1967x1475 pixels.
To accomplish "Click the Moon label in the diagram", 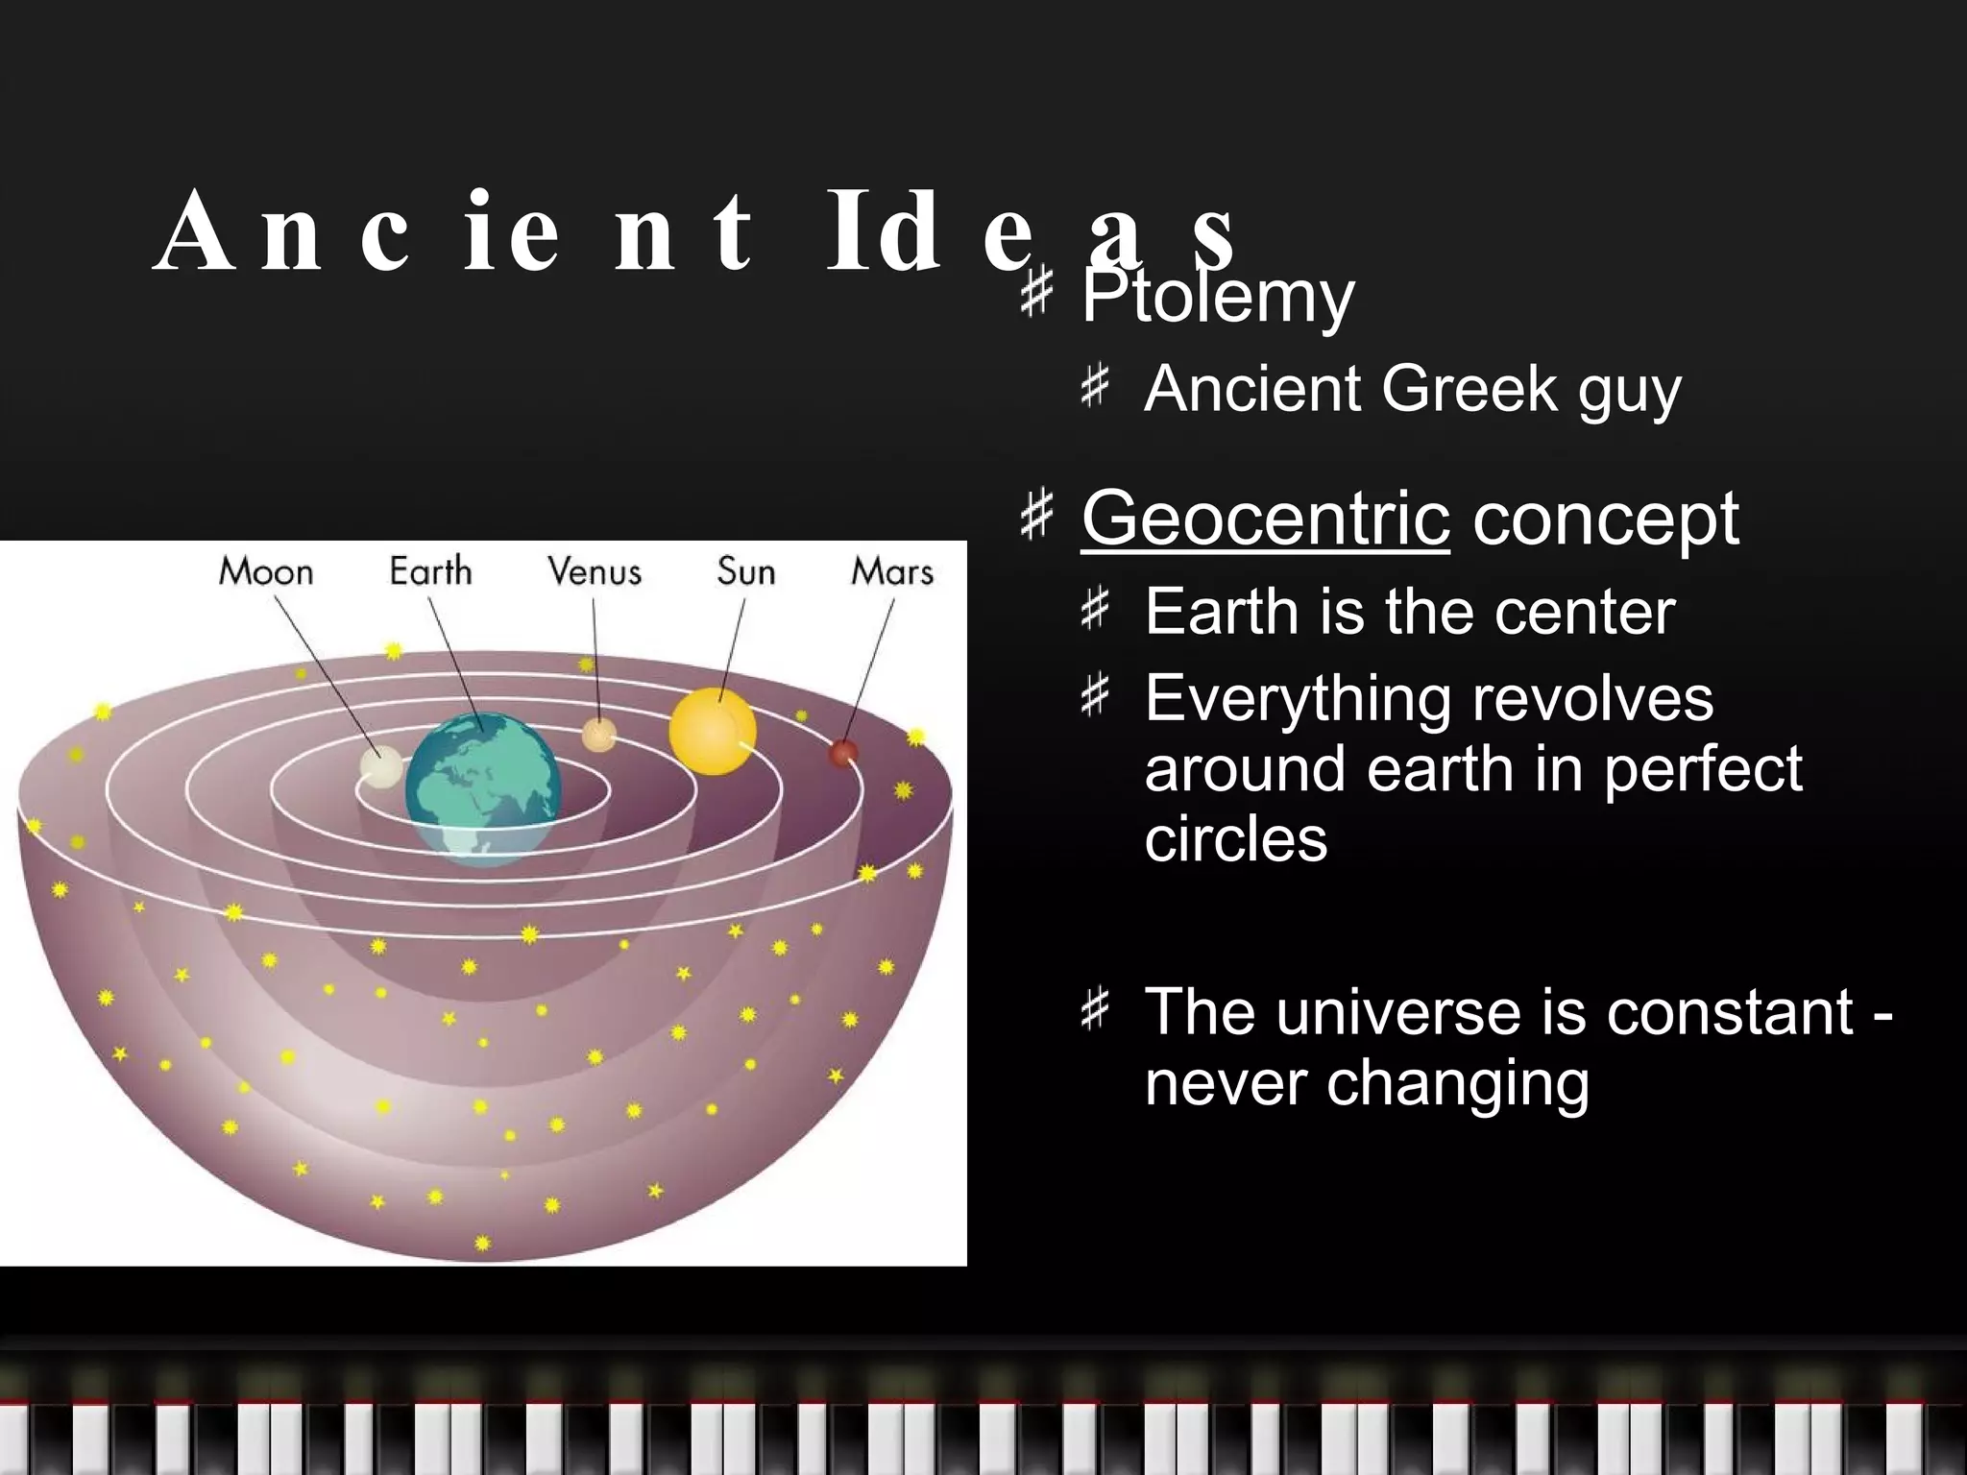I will (266, 572).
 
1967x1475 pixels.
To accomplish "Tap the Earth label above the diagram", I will (430, 572).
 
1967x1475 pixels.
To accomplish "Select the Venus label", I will (594, 572).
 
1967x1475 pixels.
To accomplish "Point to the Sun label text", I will (745, 572).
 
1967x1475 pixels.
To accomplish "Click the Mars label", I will (891, 572).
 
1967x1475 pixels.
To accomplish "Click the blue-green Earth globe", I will (482, 787).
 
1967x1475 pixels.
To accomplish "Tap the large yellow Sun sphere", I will (712, 732).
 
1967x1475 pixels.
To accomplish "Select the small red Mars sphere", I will (842, 753).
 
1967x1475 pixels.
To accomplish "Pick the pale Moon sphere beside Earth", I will (381, 766).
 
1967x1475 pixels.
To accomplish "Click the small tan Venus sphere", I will (598, 735).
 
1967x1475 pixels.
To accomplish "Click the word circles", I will (1235, 839).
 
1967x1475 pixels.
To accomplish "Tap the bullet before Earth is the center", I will (1094, 611).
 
